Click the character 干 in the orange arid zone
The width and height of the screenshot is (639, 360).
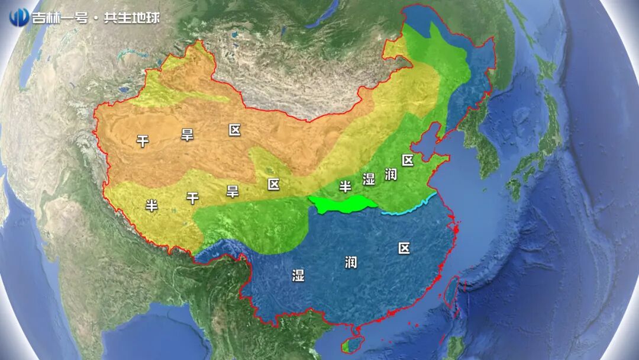pos(143,141)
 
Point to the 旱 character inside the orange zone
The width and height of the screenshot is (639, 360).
pos(187,135)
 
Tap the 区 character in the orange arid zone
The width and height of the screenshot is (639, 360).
pos(235,130)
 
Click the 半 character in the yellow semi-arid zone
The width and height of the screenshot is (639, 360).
pos(152,205)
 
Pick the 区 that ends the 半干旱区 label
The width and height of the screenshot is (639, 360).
pos(273,184)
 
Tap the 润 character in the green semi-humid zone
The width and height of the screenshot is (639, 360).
pos(390,173)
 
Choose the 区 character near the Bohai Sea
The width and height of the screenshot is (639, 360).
pos(408,160)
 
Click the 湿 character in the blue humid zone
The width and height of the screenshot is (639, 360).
pos(298,275)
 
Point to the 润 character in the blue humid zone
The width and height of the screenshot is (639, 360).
pos(351,262)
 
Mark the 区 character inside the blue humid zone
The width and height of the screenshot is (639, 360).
pos(404,248)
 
